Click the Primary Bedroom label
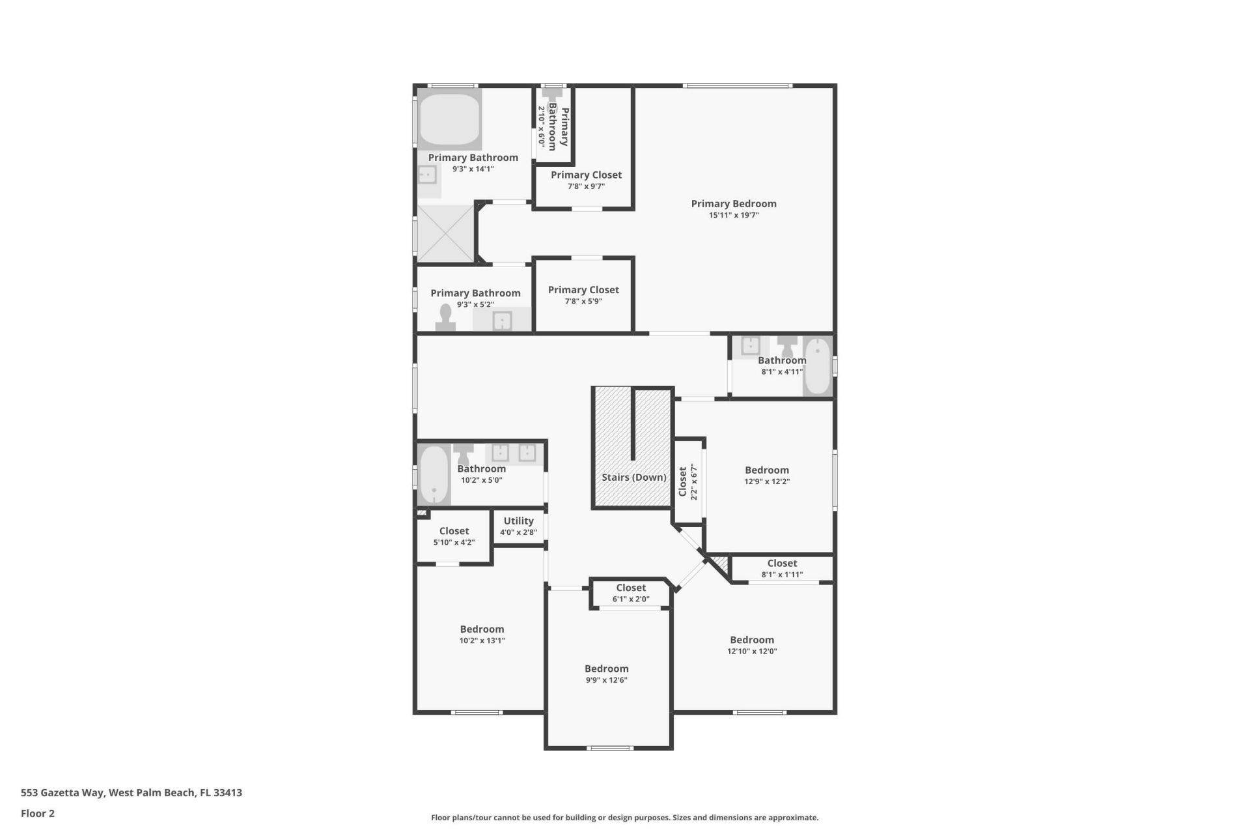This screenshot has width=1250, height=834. coord(734,204)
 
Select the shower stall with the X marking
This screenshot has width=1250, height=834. coord(446,233)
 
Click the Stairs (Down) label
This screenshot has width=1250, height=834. coord(633,477)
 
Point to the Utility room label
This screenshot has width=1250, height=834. coord(518,521)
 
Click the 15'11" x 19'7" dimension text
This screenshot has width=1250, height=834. coord(734,216)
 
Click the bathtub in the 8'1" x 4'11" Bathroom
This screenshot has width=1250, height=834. coord(818,366)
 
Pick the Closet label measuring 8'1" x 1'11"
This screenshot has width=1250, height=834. coord(782,563)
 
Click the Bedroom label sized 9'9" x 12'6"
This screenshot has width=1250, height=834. coord(606,669)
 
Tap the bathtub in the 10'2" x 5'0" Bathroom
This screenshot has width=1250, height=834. coord(434,474)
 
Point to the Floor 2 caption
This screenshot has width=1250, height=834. coord(38,813)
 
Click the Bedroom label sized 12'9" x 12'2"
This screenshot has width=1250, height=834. coord(767,470)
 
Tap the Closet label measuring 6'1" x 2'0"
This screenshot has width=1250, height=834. coord(631,588)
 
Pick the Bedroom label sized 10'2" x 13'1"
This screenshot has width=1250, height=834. coord(482,629)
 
